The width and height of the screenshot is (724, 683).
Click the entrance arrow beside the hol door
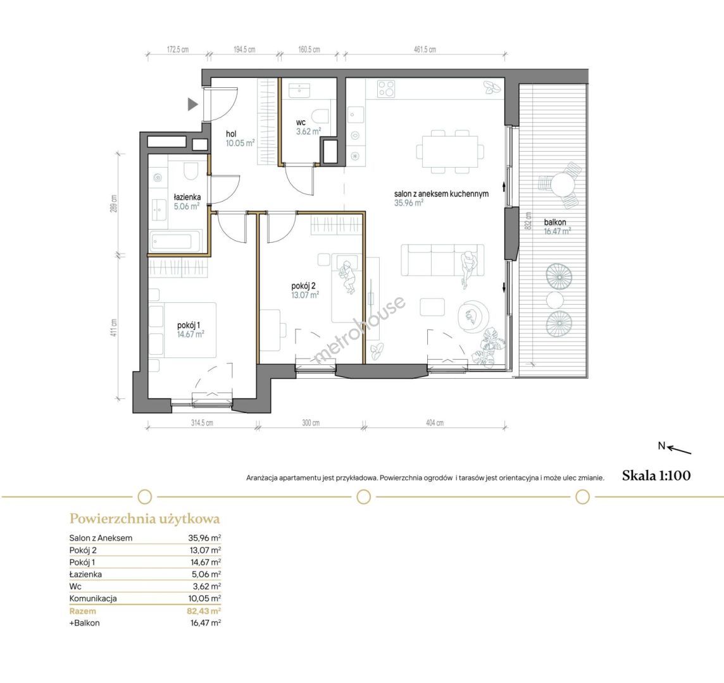point(192,104)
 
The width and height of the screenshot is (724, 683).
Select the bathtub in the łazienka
point(175,241)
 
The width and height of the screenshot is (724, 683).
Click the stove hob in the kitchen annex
point(386,89)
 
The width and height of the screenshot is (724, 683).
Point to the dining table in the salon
point(450,151)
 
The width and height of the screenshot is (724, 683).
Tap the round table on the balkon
point(562,185)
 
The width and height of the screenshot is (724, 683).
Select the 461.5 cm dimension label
point(425,49)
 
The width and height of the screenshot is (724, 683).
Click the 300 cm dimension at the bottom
point(310,422)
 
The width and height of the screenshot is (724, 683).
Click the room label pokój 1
point(189,325)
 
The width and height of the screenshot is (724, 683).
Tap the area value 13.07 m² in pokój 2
point(305,295)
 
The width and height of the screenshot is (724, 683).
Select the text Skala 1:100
point(656,476)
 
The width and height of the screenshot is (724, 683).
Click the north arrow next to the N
point(679,450)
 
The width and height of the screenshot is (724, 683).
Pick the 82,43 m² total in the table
point(206,610)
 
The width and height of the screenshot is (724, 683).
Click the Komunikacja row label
point(93,598)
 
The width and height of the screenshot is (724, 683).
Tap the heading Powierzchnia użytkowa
point(144,519)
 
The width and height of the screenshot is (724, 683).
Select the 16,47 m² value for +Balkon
point(206,622)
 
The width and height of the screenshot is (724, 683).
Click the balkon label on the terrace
point(555,222)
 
